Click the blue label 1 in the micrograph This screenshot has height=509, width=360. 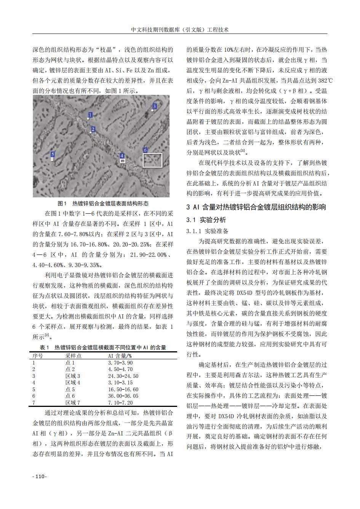[90, 115]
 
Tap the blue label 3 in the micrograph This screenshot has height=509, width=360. [154, 106]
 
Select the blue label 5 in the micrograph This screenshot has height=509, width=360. [53, 154]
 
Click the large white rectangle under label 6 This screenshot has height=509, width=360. [152, 160]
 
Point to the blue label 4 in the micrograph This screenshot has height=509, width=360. [122, 156]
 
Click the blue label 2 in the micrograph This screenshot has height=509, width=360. [93, 129]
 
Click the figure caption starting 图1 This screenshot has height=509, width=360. [103, 203]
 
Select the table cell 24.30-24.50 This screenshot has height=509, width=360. [123, 376]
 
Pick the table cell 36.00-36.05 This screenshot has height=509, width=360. [123, 396]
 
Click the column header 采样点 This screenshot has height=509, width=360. [73, 356]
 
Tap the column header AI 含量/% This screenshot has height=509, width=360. [120, 356]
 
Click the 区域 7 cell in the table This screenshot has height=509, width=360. [72, 402]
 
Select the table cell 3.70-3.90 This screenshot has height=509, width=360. [120, 363]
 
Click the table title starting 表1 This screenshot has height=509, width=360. [103, 347]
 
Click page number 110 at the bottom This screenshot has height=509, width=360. [39, 477]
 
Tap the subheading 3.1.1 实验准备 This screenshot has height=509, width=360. [208, 231]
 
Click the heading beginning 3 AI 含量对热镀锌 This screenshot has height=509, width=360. [256, 208]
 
